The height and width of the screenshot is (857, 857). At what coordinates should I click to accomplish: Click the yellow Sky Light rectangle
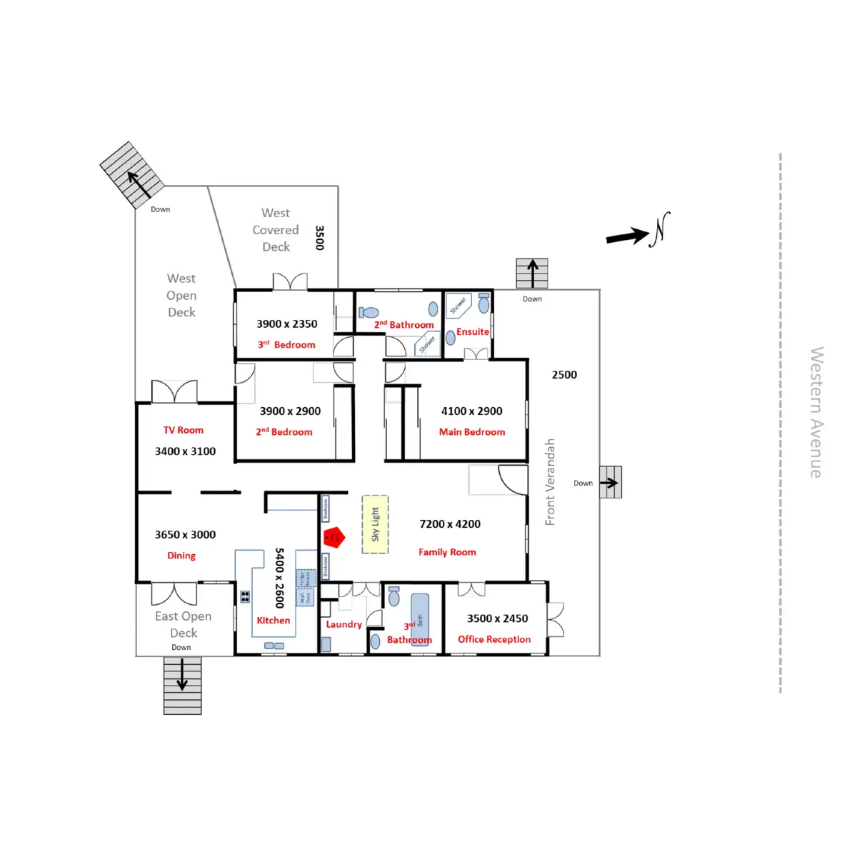tap(375, 525)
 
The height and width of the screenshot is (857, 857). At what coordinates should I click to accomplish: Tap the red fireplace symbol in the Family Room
tap(334, 537)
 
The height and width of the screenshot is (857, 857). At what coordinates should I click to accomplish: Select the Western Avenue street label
tap(816, 412)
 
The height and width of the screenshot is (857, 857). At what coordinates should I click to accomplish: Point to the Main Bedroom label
tap(471, 432)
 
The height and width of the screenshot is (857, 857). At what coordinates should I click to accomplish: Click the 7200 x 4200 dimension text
tap(450, 524)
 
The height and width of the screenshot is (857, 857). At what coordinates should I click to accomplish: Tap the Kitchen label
tap(274, 621)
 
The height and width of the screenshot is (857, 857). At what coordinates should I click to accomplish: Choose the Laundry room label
tap(344, 624)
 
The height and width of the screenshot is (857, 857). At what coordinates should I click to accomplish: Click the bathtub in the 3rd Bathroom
tap(420, 616)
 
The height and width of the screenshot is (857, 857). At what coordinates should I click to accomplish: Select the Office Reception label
tap(494, 639)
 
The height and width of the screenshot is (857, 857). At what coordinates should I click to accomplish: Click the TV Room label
tap(184, 430)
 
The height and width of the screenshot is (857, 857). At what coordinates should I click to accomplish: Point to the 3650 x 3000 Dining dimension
tap(185, 534)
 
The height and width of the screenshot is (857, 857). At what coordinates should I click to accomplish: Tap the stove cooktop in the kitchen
tap(245, 596)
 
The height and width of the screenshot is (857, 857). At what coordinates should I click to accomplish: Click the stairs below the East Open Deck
tap(182, 685)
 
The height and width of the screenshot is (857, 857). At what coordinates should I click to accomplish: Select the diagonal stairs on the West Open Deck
tap(132, 175)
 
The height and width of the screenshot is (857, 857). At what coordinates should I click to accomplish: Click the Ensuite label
tap(473, 332)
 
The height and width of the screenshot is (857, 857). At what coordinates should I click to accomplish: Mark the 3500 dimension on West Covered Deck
tap(319, 238)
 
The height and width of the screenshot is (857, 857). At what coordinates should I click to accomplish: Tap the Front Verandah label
tap(550, 482)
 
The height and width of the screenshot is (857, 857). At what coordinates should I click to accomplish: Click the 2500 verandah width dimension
tap(564, 375)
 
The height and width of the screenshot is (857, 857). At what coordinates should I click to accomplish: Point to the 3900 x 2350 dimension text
tap(287, 324)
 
